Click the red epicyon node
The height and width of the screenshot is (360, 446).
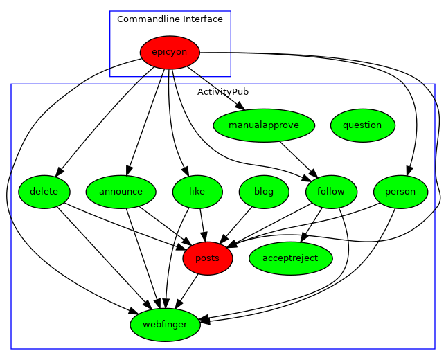pos(170,53)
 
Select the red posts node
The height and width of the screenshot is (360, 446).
pos(208,258)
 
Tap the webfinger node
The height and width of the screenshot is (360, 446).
pos(165,325)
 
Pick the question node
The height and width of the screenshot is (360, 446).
pos(362,125)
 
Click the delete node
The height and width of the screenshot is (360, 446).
pos(44,192)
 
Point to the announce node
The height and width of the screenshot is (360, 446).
pos(121,192)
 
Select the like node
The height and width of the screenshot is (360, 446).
pos(197,192)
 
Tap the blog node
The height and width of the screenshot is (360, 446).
pos(264,192)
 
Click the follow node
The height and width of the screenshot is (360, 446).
pos(330,192)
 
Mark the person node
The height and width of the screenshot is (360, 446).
pos(400,192)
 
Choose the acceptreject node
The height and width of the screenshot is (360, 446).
pos(291,258)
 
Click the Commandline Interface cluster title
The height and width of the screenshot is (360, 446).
pos(170,19)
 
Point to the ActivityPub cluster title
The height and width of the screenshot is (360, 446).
pos(223,92)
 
